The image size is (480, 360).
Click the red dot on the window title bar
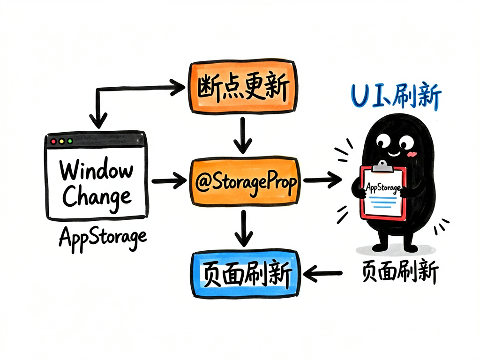[53, 141]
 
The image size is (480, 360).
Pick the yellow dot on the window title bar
[61, 141]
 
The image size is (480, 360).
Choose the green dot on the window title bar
[70, 141]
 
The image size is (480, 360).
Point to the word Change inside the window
[97, 197]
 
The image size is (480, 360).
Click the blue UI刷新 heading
[396, 95]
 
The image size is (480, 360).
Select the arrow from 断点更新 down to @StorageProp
[243, 135]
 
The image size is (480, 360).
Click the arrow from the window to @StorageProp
[169, 180]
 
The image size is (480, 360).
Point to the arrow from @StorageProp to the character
[322, 180]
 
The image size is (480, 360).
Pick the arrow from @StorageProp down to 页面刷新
[244, 228]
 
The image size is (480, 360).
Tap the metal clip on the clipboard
[382, 166]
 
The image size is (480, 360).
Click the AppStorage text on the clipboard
[383, 187]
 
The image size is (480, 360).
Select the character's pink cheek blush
[412, 154]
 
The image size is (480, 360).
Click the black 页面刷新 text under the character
[400, 271]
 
